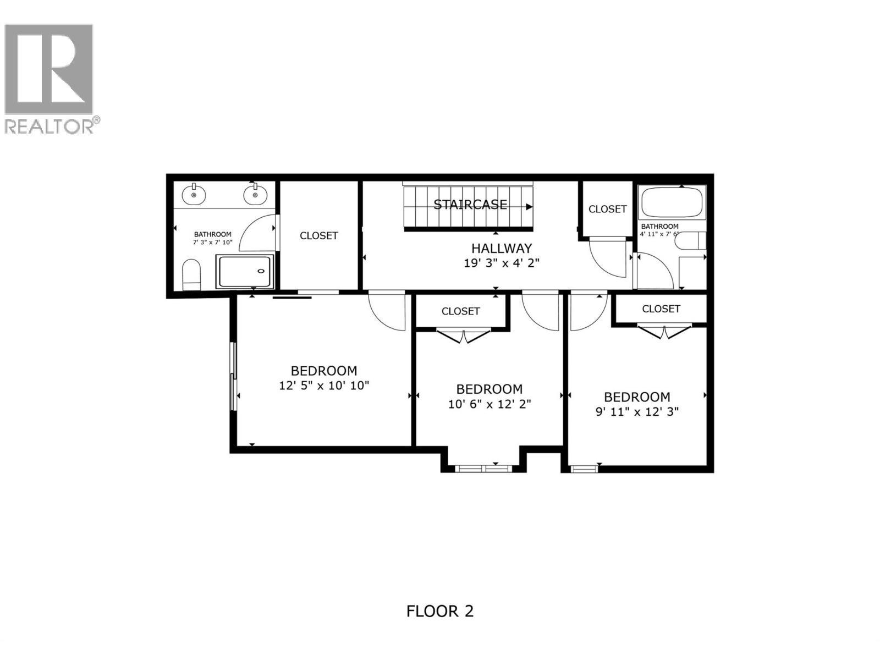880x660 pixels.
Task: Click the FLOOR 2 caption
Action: point(439,611)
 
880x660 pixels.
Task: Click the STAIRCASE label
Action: point(470,205)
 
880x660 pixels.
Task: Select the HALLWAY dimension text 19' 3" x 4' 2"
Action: point(501,263)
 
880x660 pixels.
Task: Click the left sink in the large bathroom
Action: point(194,194)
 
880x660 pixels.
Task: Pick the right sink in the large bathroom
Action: point(254,194)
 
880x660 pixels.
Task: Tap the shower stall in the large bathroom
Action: point(245,272)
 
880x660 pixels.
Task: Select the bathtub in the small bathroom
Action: point(672,202)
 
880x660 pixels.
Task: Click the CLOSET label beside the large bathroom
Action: point(318,235)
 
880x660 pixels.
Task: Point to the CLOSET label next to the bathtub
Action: point(607,209)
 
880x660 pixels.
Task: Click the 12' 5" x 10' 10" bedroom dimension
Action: point(324,386)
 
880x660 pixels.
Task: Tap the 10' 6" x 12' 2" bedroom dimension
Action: point(490,404)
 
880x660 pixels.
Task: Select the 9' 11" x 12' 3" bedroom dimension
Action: point(637,411)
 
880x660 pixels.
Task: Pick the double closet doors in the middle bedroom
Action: point(463,335)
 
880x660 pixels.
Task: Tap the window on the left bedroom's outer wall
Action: point(234,376)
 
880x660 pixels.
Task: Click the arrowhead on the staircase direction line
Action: point(529,207)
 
